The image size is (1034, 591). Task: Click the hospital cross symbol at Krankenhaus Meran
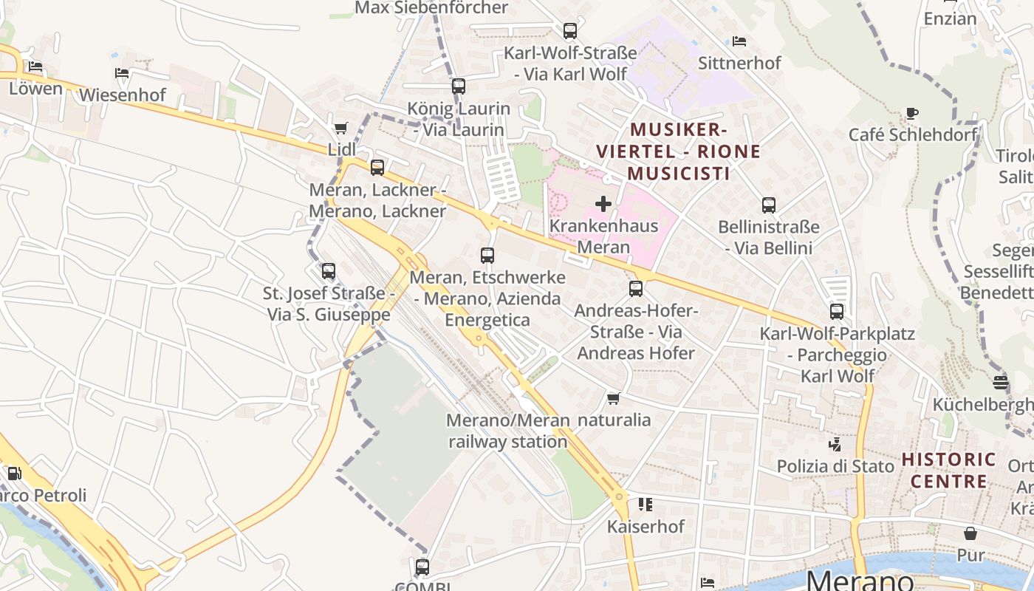coord(603,204)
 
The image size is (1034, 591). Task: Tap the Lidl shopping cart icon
coord(340,128)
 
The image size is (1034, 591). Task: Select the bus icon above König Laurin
coord(459,86)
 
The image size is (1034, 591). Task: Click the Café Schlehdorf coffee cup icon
coord(912,113)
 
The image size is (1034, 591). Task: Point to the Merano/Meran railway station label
coord(508,431)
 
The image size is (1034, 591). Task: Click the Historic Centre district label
coord(948,471)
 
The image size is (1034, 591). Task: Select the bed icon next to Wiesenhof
coord(122,73)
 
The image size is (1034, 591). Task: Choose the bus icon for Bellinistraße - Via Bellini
coord(769,205)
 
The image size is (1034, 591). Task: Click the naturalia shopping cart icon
coord(613,399)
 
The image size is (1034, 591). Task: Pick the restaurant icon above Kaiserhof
coord(646,505)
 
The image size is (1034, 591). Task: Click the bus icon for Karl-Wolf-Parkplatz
coord(836,312)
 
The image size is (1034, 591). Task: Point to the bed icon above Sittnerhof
coord(739,41)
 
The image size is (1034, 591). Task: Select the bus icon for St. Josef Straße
coord(329,271)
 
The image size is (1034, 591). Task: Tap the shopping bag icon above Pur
coord(970,533)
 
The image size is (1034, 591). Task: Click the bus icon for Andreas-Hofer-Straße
coord(636,289)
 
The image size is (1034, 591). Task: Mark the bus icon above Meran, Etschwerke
coord(487,256)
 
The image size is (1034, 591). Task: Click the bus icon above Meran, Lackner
coord(377,168)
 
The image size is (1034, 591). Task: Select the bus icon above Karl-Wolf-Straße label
coord(569,31)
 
